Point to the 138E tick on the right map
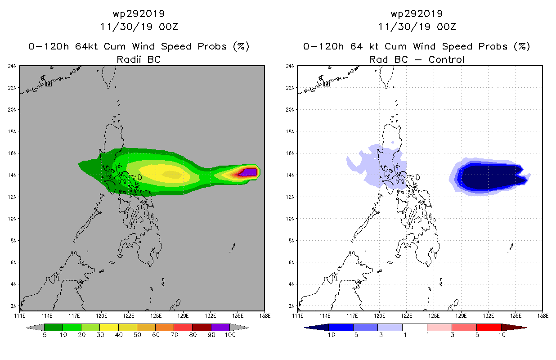click(x=543, y=315)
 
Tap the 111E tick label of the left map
click(x=19, y=315)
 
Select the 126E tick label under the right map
click(x=434, y=315)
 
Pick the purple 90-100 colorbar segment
click(x=220, y=327)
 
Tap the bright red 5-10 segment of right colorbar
click(x=489, y=327)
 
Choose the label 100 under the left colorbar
click(x=230, y=336)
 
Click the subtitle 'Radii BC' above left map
click(x=139, y=59)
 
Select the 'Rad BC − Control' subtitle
click(x=417, y=59)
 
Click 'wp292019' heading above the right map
click(x=417, y=13)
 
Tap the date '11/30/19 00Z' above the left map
click(x=139, y=27)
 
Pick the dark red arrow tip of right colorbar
click(x=520, y=327)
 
